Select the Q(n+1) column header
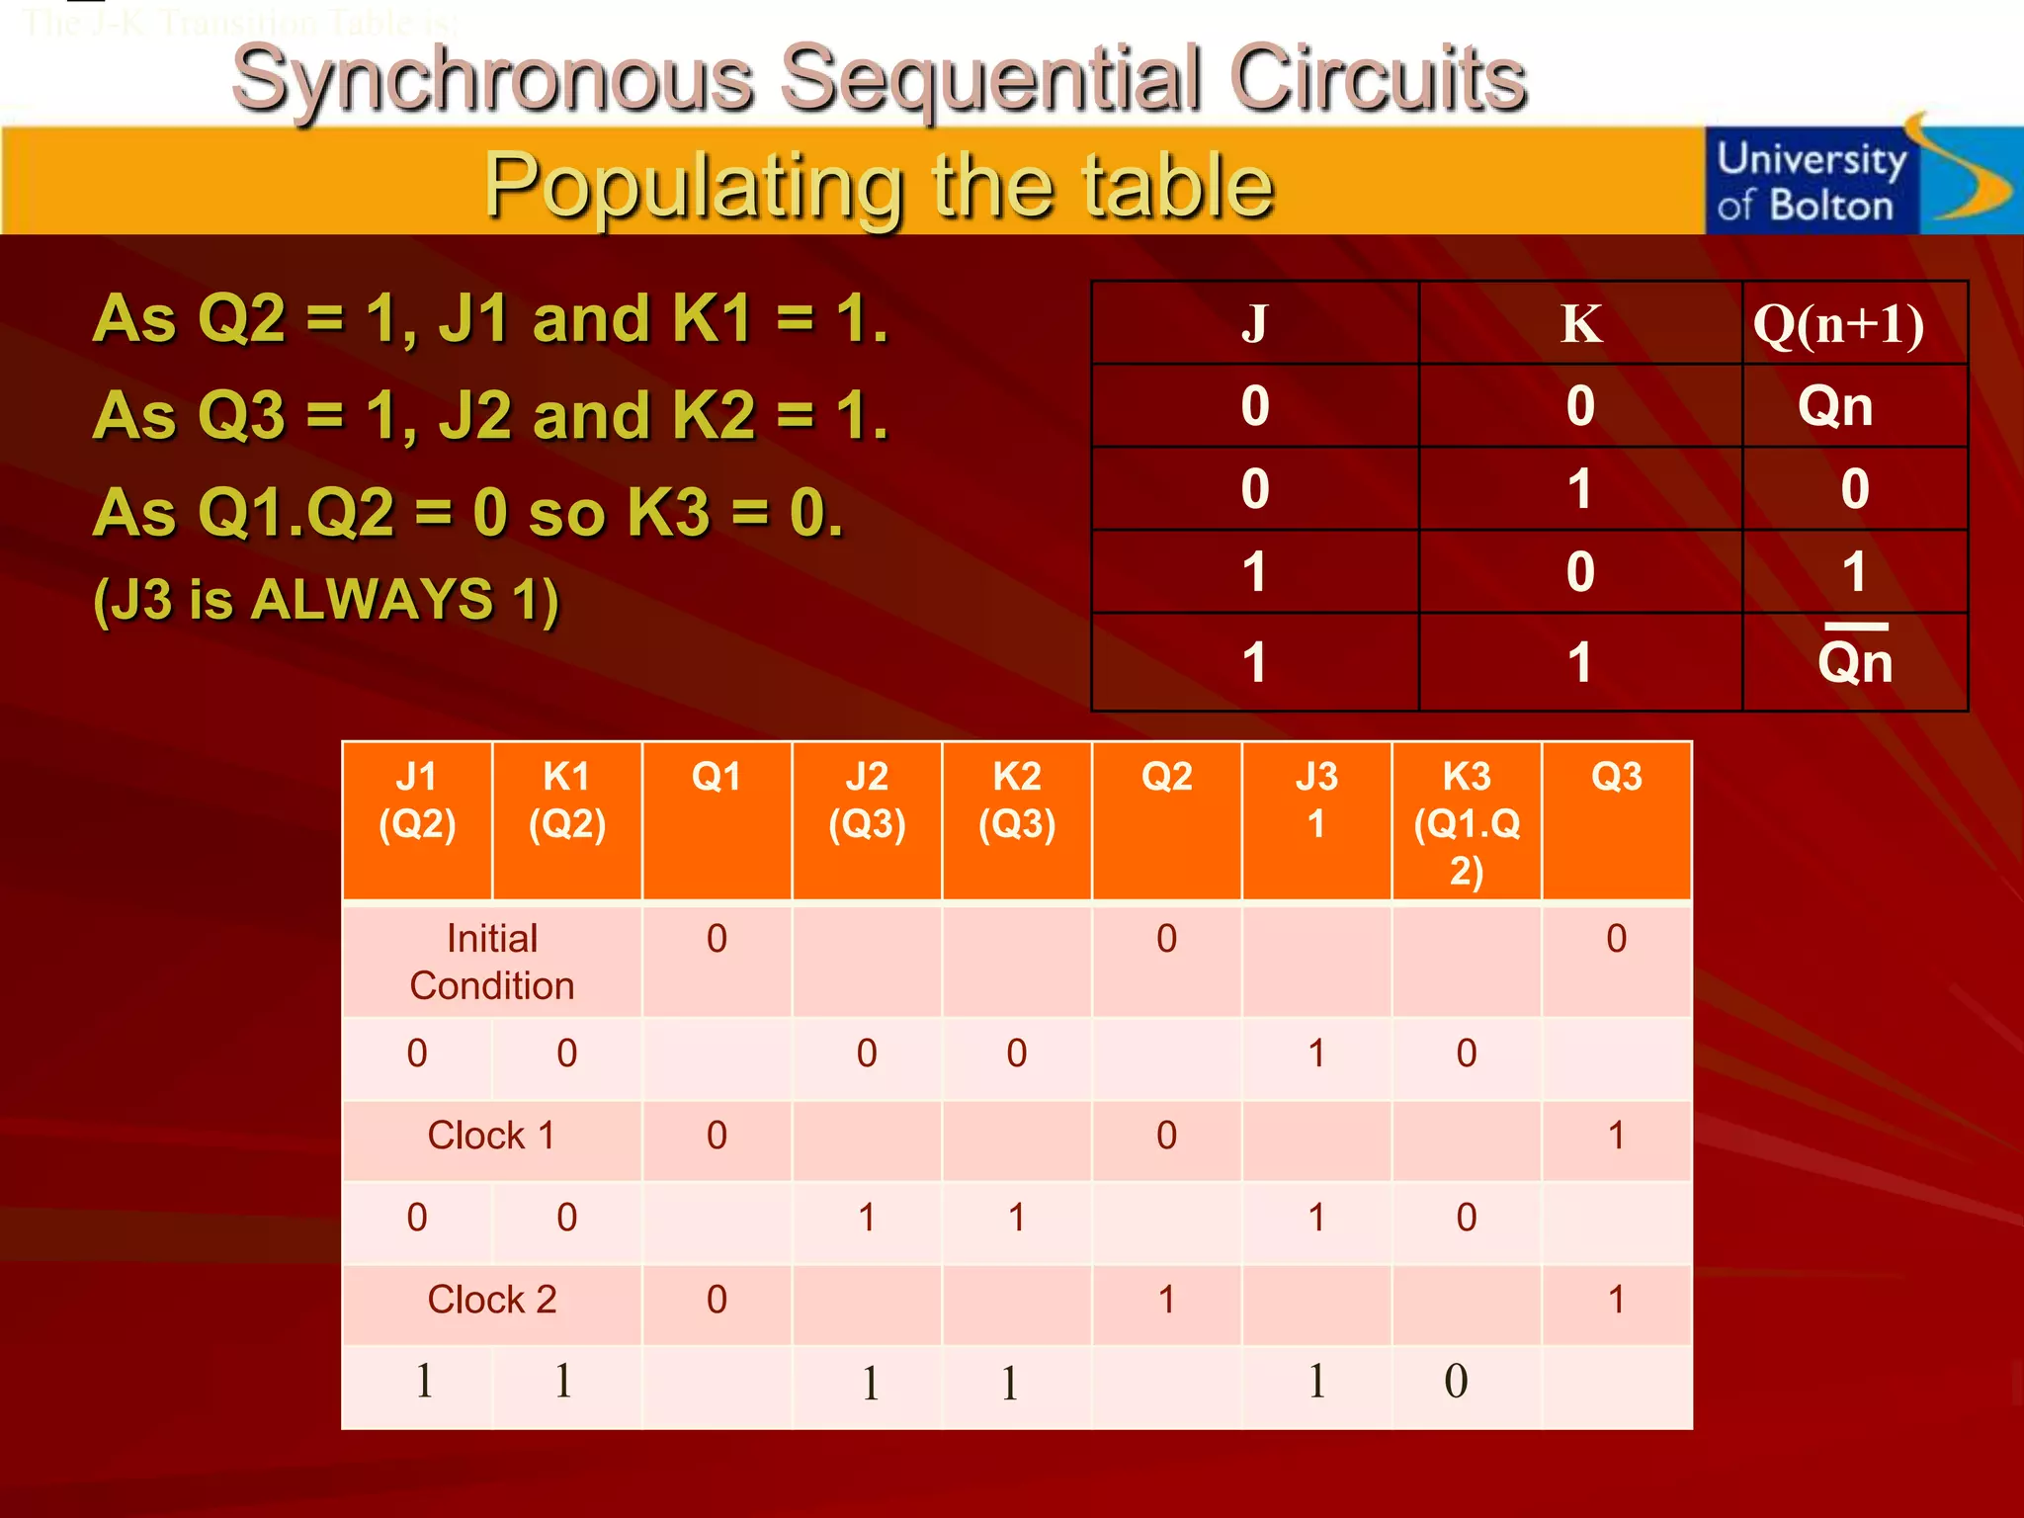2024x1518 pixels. click(1838, 323)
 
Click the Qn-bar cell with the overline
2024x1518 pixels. click(1855, 660)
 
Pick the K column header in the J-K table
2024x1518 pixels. click(1580, 323)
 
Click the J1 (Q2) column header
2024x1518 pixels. click(417, 801)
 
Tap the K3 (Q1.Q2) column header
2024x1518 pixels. click(1467, 822)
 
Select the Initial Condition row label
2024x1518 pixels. click(492, 962)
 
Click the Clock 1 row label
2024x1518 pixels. click(491, 1136)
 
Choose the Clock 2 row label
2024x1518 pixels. click(492, 1300)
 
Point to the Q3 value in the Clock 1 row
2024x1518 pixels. click(1616, 1136)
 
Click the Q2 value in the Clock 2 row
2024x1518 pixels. click(1166, 1300)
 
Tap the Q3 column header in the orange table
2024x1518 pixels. click(1616, 778)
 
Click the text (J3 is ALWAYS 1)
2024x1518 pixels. click(326, 600)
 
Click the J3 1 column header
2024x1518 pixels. click(1316, 801)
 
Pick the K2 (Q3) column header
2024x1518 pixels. click(1017, 801)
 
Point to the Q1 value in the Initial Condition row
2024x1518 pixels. click(717, 939)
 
